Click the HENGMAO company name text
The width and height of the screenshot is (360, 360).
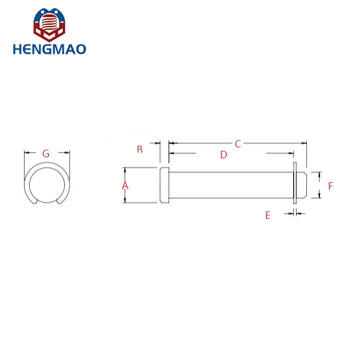49,49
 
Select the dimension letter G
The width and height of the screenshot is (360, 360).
46,153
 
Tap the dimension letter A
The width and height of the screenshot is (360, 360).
125,186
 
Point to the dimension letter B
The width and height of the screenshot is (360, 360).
139,150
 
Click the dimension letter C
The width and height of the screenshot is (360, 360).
238,144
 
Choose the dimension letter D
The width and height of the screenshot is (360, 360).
223,155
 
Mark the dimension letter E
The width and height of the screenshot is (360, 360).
267,215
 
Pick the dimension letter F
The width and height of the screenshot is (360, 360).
330,186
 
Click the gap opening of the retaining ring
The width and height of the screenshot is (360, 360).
46,202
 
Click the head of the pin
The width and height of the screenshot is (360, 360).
164,185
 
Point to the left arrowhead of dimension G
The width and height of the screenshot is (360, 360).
26,153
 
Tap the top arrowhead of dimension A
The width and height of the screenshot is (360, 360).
125,170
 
